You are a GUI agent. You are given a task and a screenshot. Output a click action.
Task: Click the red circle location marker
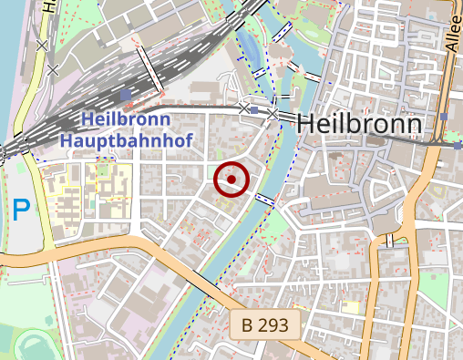click(231, 180)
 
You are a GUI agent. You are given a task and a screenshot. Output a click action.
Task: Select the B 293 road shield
click(264, 324)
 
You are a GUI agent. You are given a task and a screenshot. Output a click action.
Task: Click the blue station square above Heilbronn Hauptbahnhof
click(125, 95)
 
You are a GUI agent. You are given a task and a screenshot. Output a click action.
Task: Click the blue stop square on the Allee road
click(443, 117)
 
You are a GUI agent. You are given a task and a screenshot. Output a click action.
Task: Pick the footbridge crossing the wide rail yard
click(150, 69)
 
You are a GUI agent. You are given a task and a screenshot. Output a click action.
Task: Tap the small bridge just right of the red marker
click(265, 199)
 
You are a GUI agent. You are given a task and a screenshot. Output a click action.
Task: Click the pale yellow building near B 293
click(350, 309)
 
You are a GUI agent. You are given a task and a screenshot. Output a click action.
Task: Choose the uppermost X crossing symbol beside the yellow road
click(41, 44)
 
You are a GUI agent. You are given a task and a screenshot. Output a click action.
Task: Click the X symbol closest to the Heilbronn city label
click(273, 113)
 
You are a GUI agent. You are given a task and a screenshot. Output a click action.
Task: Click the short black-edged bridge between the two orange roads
click(390, 241)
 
